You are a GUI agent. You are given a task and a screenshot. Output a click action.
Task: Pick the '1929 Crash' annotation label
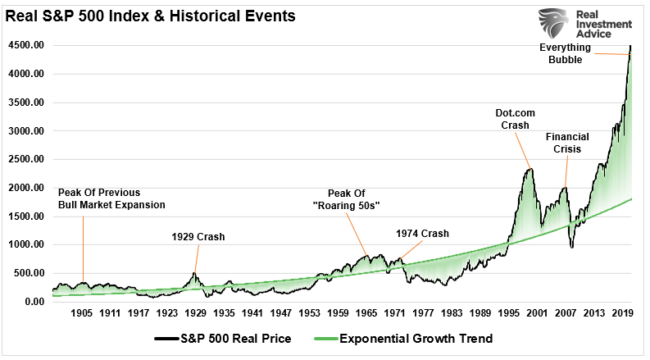198,237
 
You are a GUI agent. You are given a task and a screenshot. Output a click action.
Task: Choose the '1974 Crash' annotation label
422,234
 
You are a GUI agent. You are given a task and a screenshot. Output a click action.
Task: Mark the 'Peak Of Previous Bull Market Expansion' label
111,198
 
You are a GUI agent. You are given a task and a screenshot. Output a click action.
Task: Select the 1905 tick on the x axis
81,313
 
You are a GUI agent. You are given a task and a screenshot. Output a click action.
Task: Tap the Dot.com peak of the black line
530,170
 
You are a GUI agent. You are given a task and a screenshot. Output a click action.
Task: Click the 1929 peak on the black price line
194,273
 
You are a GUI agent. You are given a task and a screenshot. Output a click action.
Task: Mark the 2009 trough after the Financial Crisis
572,248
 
